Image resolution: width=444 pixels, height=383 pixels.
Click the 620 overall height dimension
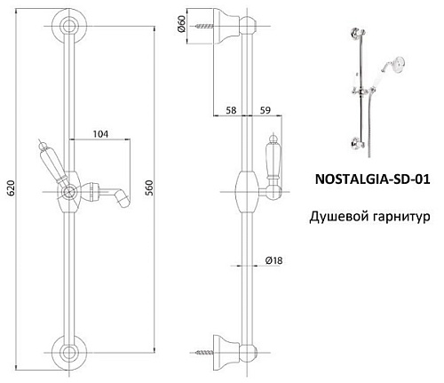(11, 188)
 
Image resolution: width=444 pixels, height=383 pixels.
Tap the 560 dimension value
(150, 188)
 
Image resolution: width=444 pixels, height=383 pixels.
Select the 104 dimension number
(100, 134)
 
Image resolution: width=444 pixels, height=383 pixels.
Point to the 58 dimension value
(231, 110)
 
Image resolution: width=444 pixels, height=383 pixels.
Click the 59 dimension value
(266, 110)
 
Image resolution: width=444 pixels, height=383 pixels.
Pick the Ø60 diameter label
(182, 24)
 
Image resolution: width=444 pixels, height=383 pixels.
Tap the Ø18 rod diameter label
(274, 260)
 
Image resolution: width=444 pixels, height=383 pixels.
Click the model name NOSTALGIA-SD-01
(372, 180)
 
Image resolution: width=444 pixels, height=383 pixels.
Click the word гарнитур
(401, 218)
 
